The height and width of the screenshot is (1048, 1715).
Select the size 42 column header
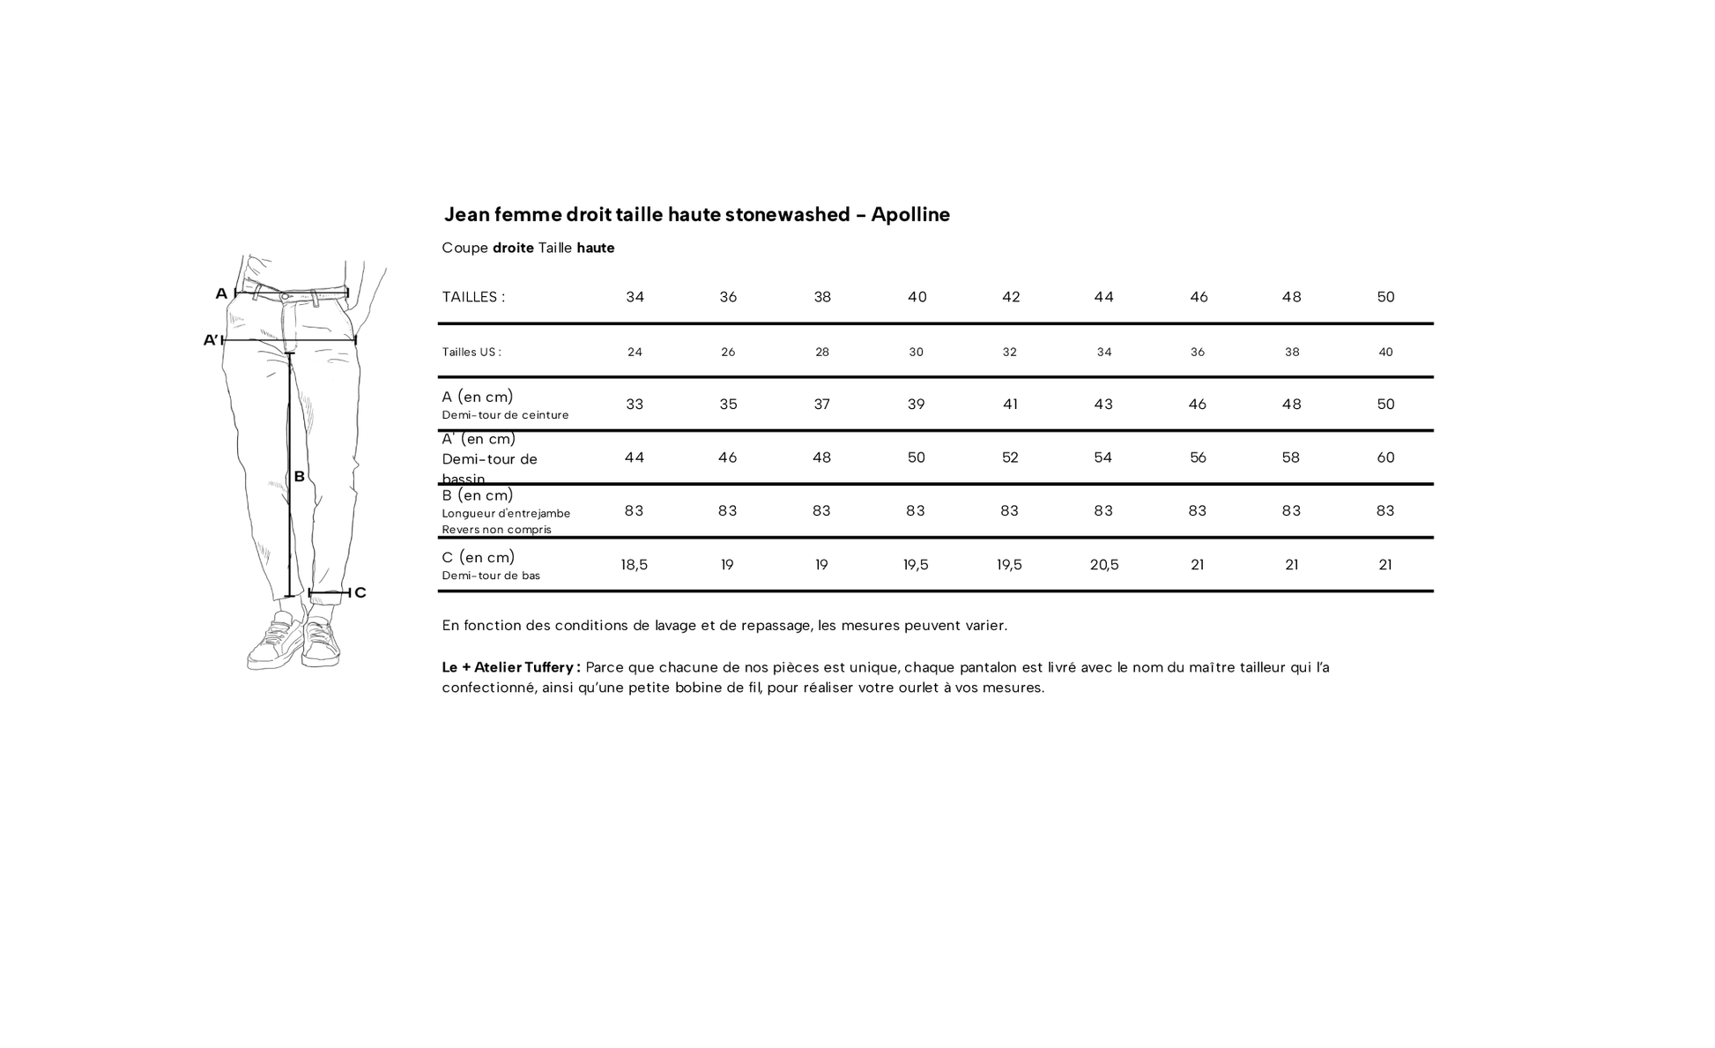tap(1011, 297)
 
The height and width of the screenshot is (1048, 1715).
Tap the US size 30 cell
tap(916, 352)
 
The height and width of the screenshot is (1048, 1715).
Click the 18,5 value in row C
tap(634, 565)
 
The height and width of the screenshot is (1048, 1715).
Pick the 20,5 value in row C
tap(1103, 565)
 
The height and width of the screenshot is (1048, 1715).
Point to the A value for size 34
tap(635, 405)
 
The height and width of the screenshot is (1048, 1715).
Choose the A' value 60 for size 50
tap(1385, 457)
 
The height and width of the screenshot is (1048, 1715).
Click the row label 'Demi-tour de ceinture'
tap(505, 415)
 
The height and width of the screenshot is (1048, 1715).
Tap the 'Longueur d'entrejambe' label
tap(506, 513)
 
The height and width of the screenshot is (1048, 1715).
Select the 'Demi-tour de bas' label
tap(491, 576)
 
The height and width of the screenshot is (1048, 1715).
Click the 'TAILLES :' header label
tap(473, 297)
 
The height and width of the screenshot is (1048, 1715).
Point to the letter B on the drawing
tap(300, 477)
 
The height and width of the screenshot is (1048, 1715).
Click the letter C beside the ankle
tap(360, 593)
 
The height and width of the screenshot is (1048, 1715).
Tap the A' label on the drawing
tap(211, 340)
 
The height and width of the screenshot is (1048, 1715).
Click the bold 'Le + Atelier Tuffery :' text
tap(511, 667)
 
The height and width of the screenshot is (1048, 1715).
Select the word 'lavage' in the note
tap(675, 626)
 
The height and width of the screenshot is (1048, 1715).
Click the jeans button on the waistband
tap(284, 297)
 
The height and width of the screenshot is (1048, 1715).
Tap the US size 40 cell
tap(1385, 352)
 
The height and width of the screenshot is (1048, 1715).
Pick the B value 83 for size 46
tap(1197, 511)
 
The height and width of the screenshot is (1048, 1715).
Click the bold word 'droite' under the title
tap(513, 248)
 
